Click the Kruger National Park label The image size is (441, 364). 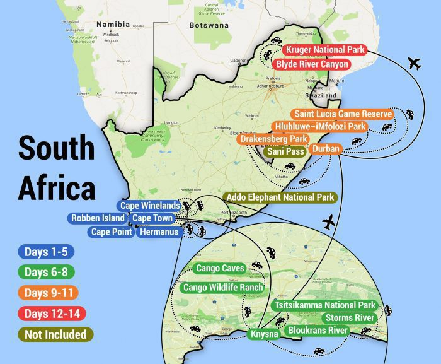(x=324, y=50)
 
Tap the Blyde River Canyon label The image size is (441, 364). (x=311, y=64)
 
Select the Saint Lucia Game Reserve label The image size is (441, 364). (x=343, y=114)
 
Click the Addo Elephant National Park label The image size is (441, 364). (x=280, y=197)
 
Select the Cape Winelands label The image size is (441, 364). (x=150, y=206)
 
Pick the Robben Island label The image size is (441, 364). (x=98, y=218)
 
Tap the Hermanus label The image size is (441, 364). (x=158, y=232)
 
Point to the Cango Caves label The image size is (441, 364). (x=220, y=269)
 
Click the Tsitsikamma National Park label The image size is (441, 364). (x=324, y=305)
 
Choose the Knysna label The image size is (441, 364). (x=264, y=334)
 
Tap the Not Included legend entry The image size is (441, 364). (x=55, y=334)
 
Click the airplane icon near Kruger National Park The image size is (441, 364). (x=414, y=63)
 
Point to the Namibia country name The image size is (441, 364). (x=113, y=25)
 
